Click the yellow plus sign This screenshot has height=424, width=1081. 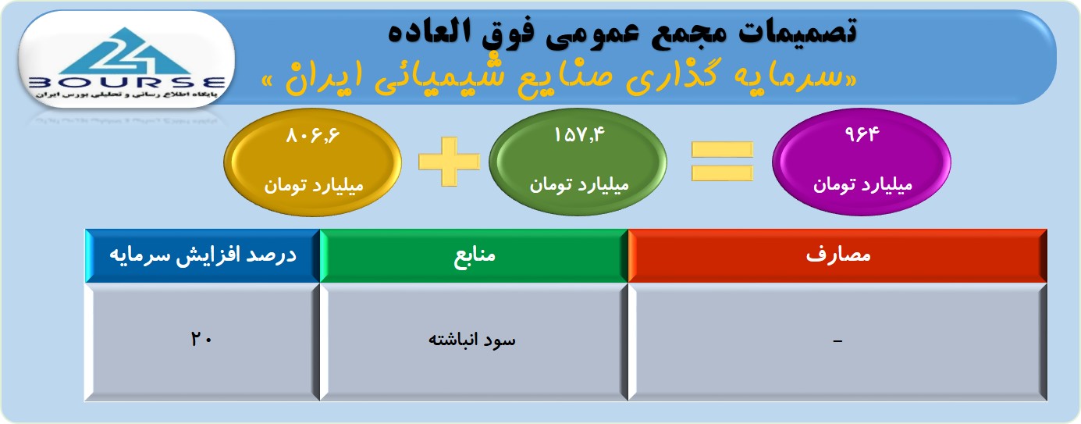pyautogui.click(x=450, y=162)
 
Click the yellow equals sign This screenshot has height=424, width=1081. pyautogui.click(x=722, y=162)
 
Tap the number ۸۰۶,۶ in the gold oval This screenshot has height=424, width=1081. pyautogui.click(x=313, y=136)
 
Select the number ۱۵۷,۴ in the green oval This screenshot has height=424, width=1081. pyautogui.click(x=579, y=135)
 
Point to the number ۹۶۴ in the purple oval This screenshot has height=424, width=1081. pyautogui.click(x=862, y=134)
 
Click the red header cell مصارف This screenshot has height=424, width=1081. pyautogui.click(x=837, y=255)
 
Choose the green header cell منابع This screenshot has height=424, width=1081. pyautogui.click(x=474, y=255)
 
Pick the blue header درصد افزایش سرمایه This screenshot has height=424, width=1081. pyautogui.click(x=203, y=255)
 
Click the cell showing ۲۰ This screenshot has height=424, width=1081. pyautogui.click(x=202, y=342)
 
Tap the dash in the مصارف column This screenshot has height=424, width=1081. pyautogui.click(x=837, y=341)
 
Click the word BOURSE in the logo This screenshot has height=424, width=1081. pyautogui.click(x=126, y=83)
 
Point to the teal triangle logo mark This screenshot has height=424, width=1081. pyautogui.click(x=126, y=51)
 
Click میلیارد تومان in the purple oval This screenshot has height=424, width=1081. pyautogui.click(x=862, y=185)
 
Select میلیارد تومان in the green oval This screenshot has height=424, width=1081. pyautogui.click(x=579, y=185)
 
